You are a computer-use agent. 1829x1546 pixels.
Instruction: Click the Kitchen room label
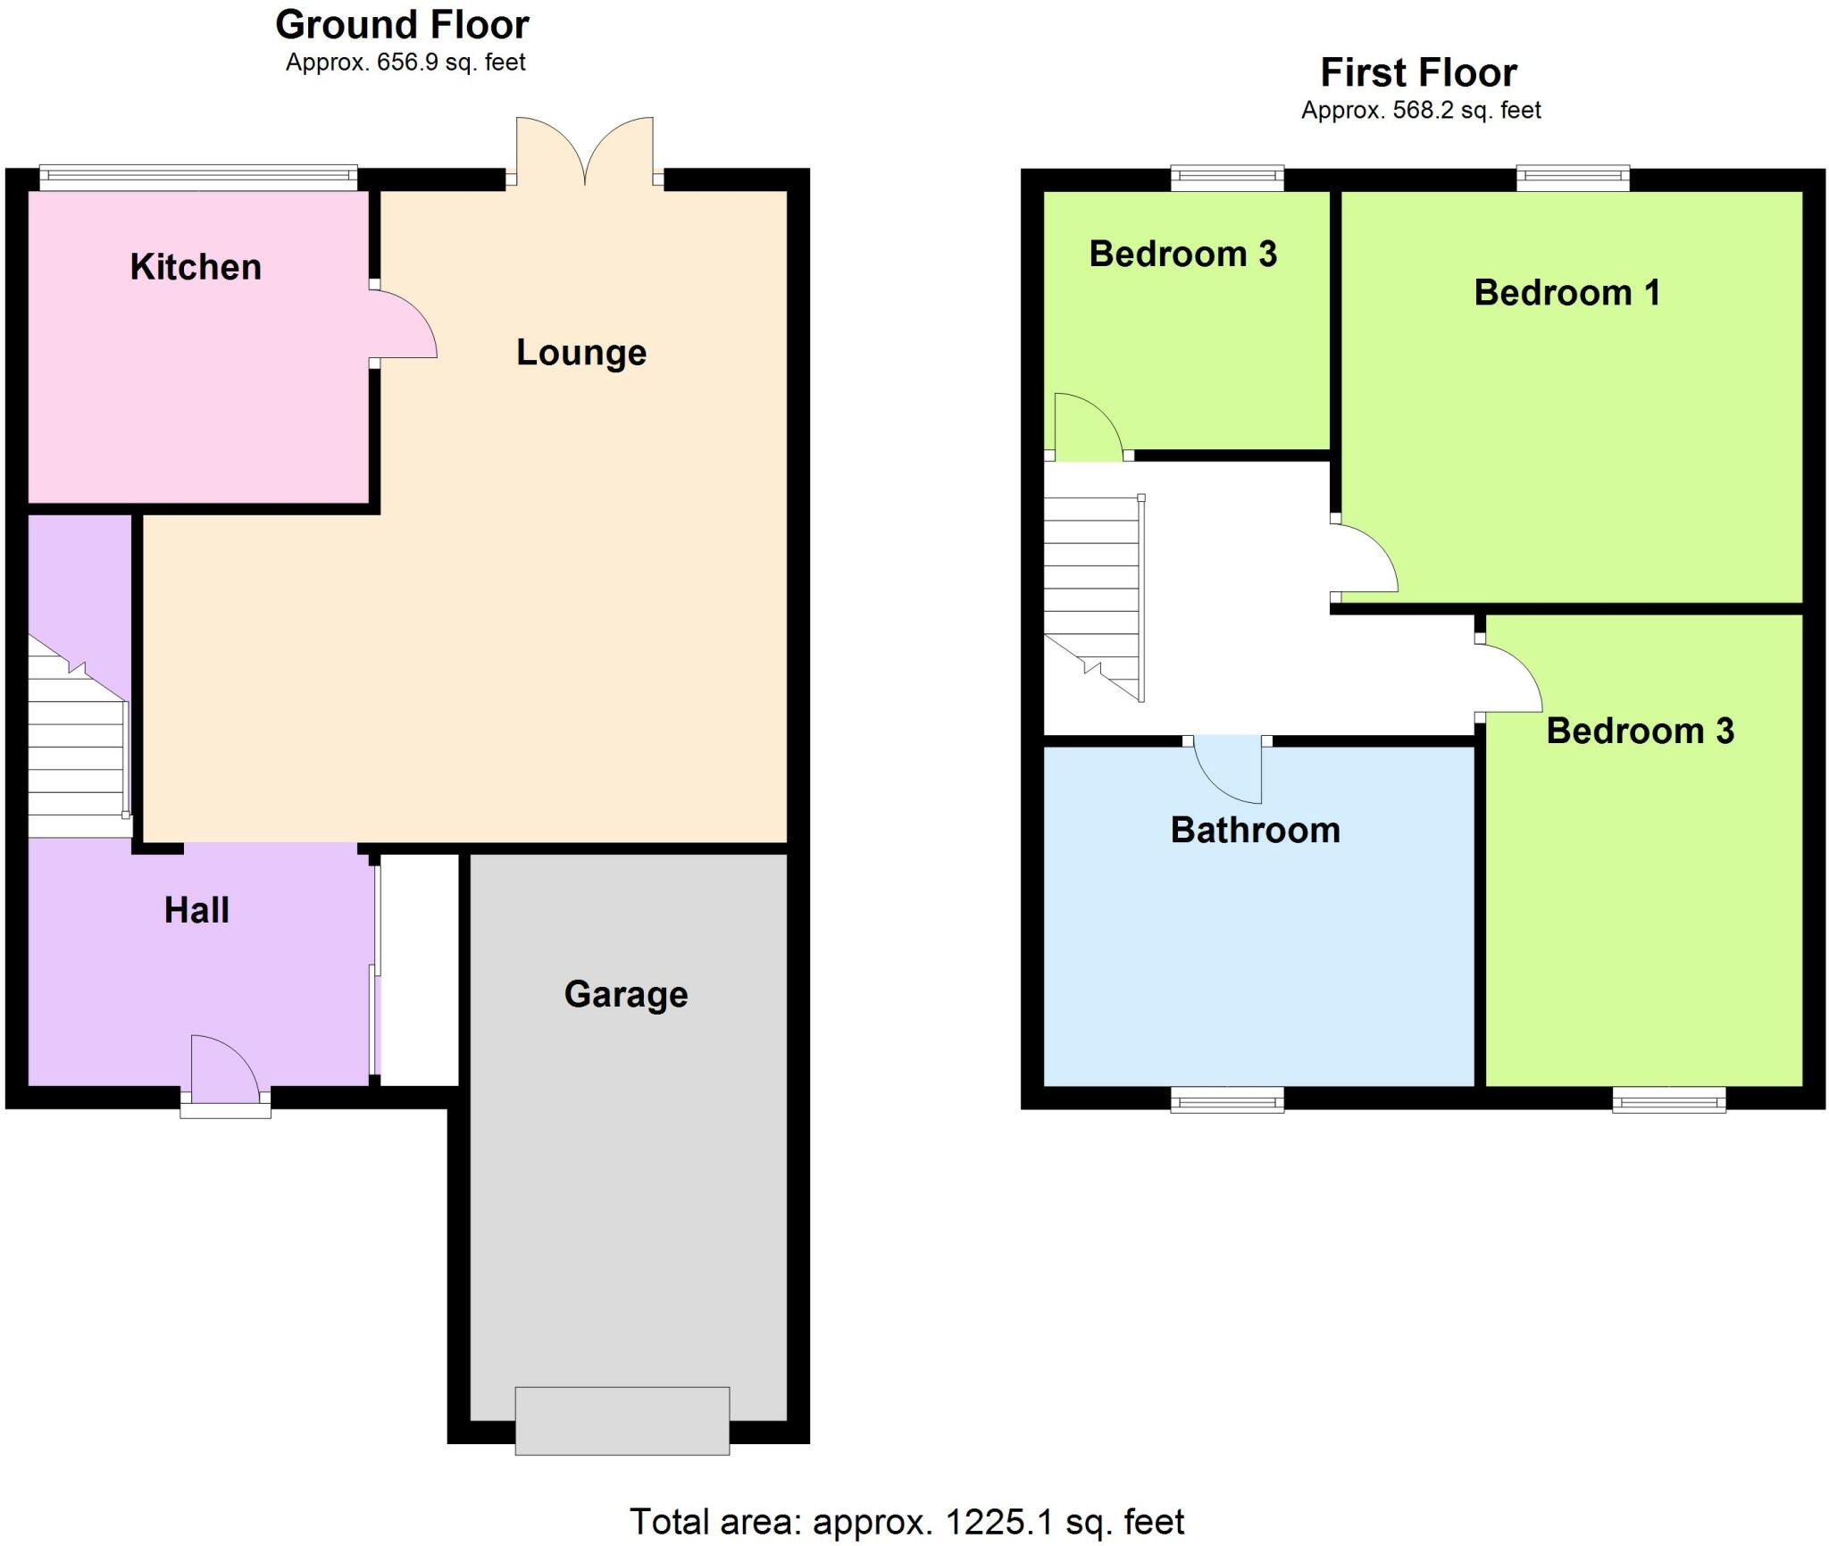[x=196, y=267]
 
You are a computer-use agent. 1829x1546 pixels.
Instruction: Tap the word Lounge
[x=581, y=353]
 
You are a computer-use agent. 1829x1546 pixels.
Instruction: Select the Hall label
[x=196, y=910]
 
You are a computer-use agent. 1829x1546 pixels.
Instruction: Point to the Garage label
[x=626, y=994]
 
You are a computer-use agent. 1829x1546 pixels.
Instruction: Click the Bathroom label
[x=1255, y=831]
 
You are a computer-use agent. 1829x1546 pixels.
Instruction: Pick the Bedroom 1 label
[x=1566, y=293]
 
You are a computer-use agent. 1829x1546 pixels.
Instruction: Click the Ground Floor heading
[x=402, y=25]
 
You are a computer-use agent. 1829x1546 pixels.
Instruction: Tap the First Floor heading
[x=1418, y=72]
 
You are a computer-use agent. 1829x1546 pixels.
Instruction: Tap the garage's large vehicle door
[x=622, y=1420]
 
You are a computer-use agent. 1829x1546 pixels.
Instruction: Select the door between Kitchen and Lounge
[x=402, y=323]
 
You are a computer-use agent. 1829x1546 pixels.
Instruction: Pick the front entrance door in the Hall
[x=225, y=1072]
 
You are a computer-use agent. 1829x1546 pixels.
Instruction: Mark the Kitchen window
[x=198, y=177]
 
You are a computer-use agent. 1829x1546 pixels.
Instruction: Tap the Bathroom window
[x=1227, y=1100]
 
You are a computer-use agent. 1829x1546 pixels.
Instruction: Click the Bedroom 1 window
[x=1573, y=179]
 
